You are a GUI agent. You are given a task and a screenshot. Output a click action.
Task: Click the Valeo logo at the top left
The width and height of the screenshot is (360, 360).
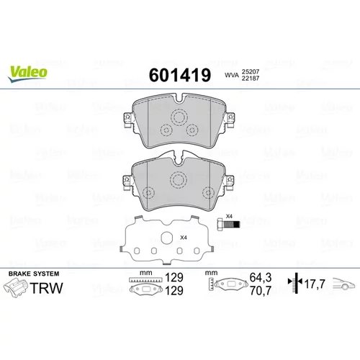click(27, 73)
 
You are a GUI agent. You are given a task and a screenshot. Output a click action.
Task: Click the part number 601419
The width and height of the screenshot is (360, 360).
click(180, 75)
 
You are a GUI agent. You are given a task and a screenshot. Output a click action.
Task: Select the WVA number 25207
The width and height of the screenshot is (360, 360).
click(251, 71)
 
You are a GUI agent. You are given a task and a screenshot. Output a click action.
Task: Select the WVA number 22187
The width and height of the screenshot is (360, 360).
click(251, 78)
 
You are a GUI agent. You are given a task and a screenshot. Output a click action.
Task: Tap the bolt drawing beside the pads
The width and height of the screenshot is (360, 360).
click(228, 225)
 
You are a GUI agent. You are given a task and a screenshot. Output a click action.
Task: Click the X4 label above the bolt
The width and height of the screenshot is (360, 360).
click(229, 216)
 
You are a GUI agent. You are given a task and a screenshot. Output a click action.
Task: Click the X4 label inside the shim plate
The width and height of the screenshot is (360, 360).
click(184, 238)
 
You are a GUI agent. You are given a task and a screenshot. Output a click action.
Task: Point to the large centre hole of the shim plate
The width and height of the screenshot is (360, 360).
click(166, 238)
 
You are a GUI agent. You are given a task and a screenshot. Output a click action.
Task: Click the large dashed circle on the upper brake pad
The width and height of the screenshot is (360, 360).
click(179, 117)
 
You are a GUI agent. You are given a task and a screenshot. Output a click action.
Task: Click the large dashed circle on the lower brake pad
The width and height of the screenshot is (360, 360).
click(179, 179)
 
